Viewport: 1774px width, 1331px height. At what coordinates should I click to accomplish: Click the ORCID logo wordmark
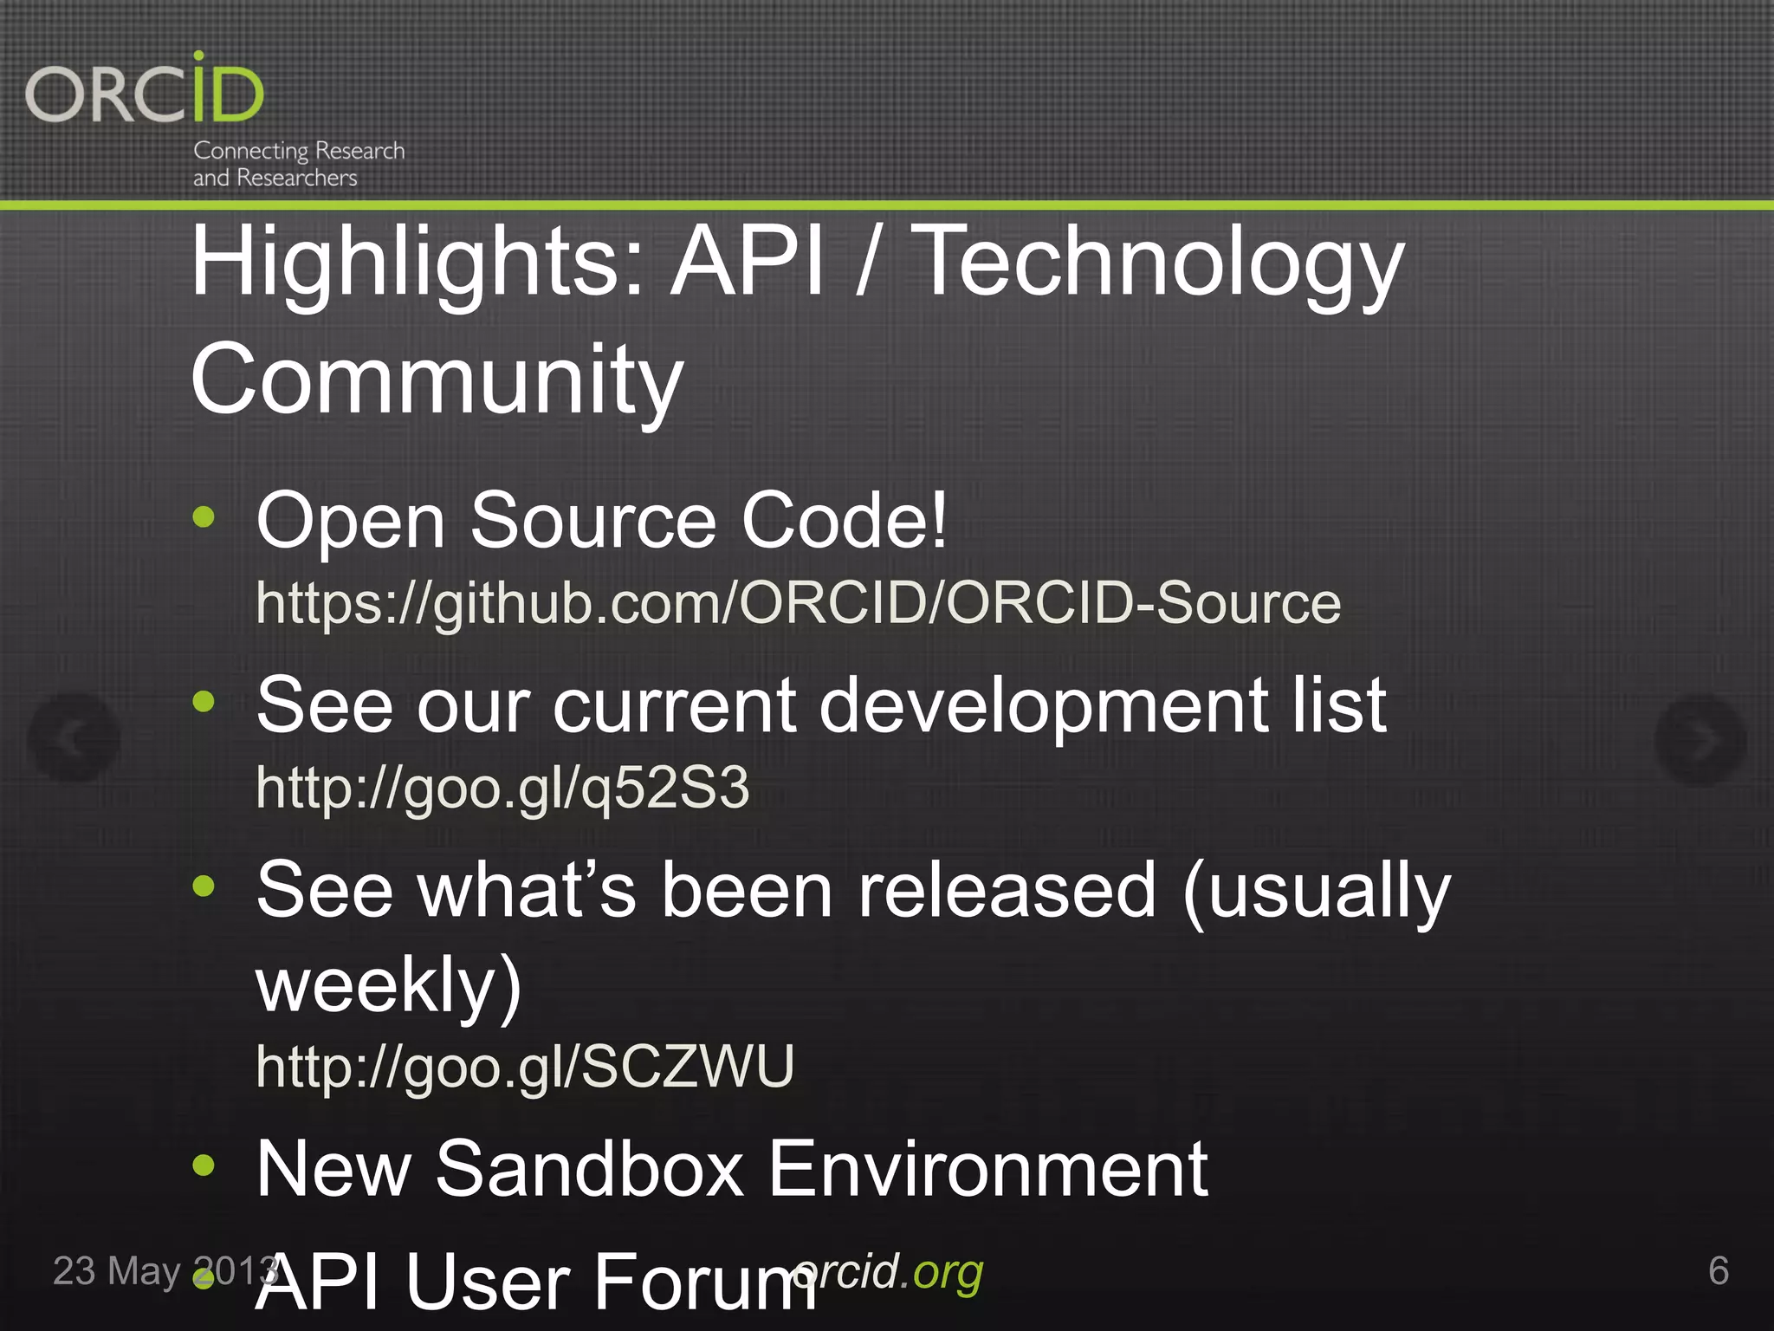tap(145, 90)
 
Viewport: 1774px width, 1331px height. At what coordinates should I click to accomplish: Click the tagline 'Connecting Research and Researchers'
tap(298, 164)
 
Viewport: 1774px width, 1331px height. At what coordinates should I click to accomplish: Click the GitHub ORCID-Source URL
tap(798, 603)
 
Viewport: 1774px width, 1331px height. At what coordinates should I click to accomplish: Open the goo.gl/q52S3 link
tap(502, 789)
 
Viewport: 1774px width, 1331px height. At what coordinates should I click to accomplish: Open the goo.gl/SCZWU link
tap(525, 1066)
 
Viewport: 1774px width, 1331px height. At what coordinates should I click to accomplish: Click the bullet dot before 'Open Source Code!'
tap(204, 518)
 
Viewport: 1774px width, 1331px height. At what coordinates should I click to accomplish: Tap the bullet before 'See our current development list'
tap(204, 702)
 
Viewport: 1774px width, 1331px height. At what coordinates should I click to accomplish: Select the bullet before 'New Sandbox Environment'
tap(204, 1165)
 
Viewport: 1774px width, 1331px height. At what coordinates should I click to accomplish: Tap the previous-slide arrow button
tap(74, 738)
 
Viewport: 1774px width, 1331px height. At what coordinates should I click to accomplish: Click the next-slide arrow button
tap(1700, 738)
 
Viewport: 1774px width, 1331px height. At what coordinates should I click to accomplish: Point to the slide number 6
tap(1719, 1271)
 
